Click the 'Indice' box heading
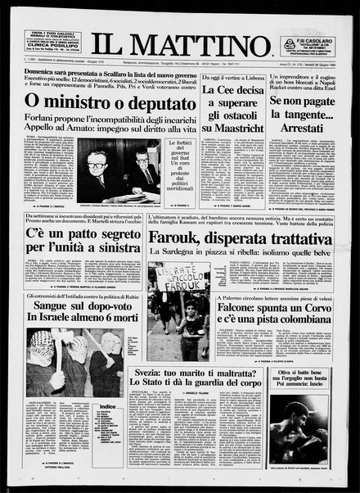[x=106, y=406]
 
